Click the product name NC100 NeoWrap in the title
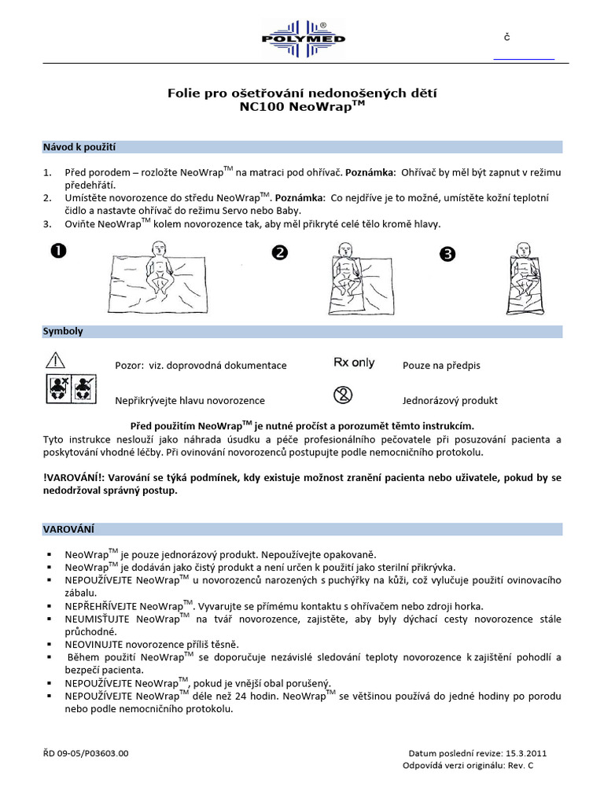coord(302,108)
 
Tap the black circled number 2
coord(280,252)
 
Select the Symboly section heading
coord(63,332)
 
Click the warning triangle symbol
coord(55,361)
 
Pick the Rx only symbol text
coord(354,363)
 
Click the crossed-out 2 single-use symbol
coord(342,395)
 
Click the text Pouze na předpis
coord(441,366)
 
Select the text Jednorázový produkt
coord(450,400)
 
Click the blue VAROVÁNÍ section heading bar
coord(302,529)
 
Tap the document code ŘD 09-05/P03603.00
coord(86,752)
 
